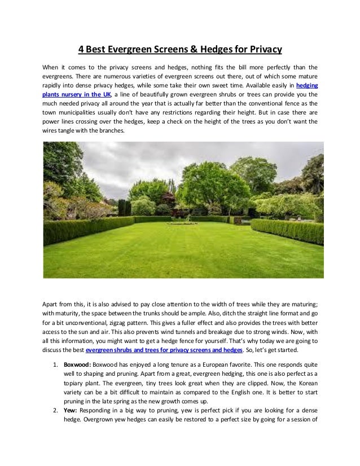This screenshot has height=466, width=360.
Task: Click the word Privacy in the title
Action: point(262,49)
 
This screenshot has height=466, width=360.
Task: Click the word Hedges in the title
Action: point(212,49)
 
